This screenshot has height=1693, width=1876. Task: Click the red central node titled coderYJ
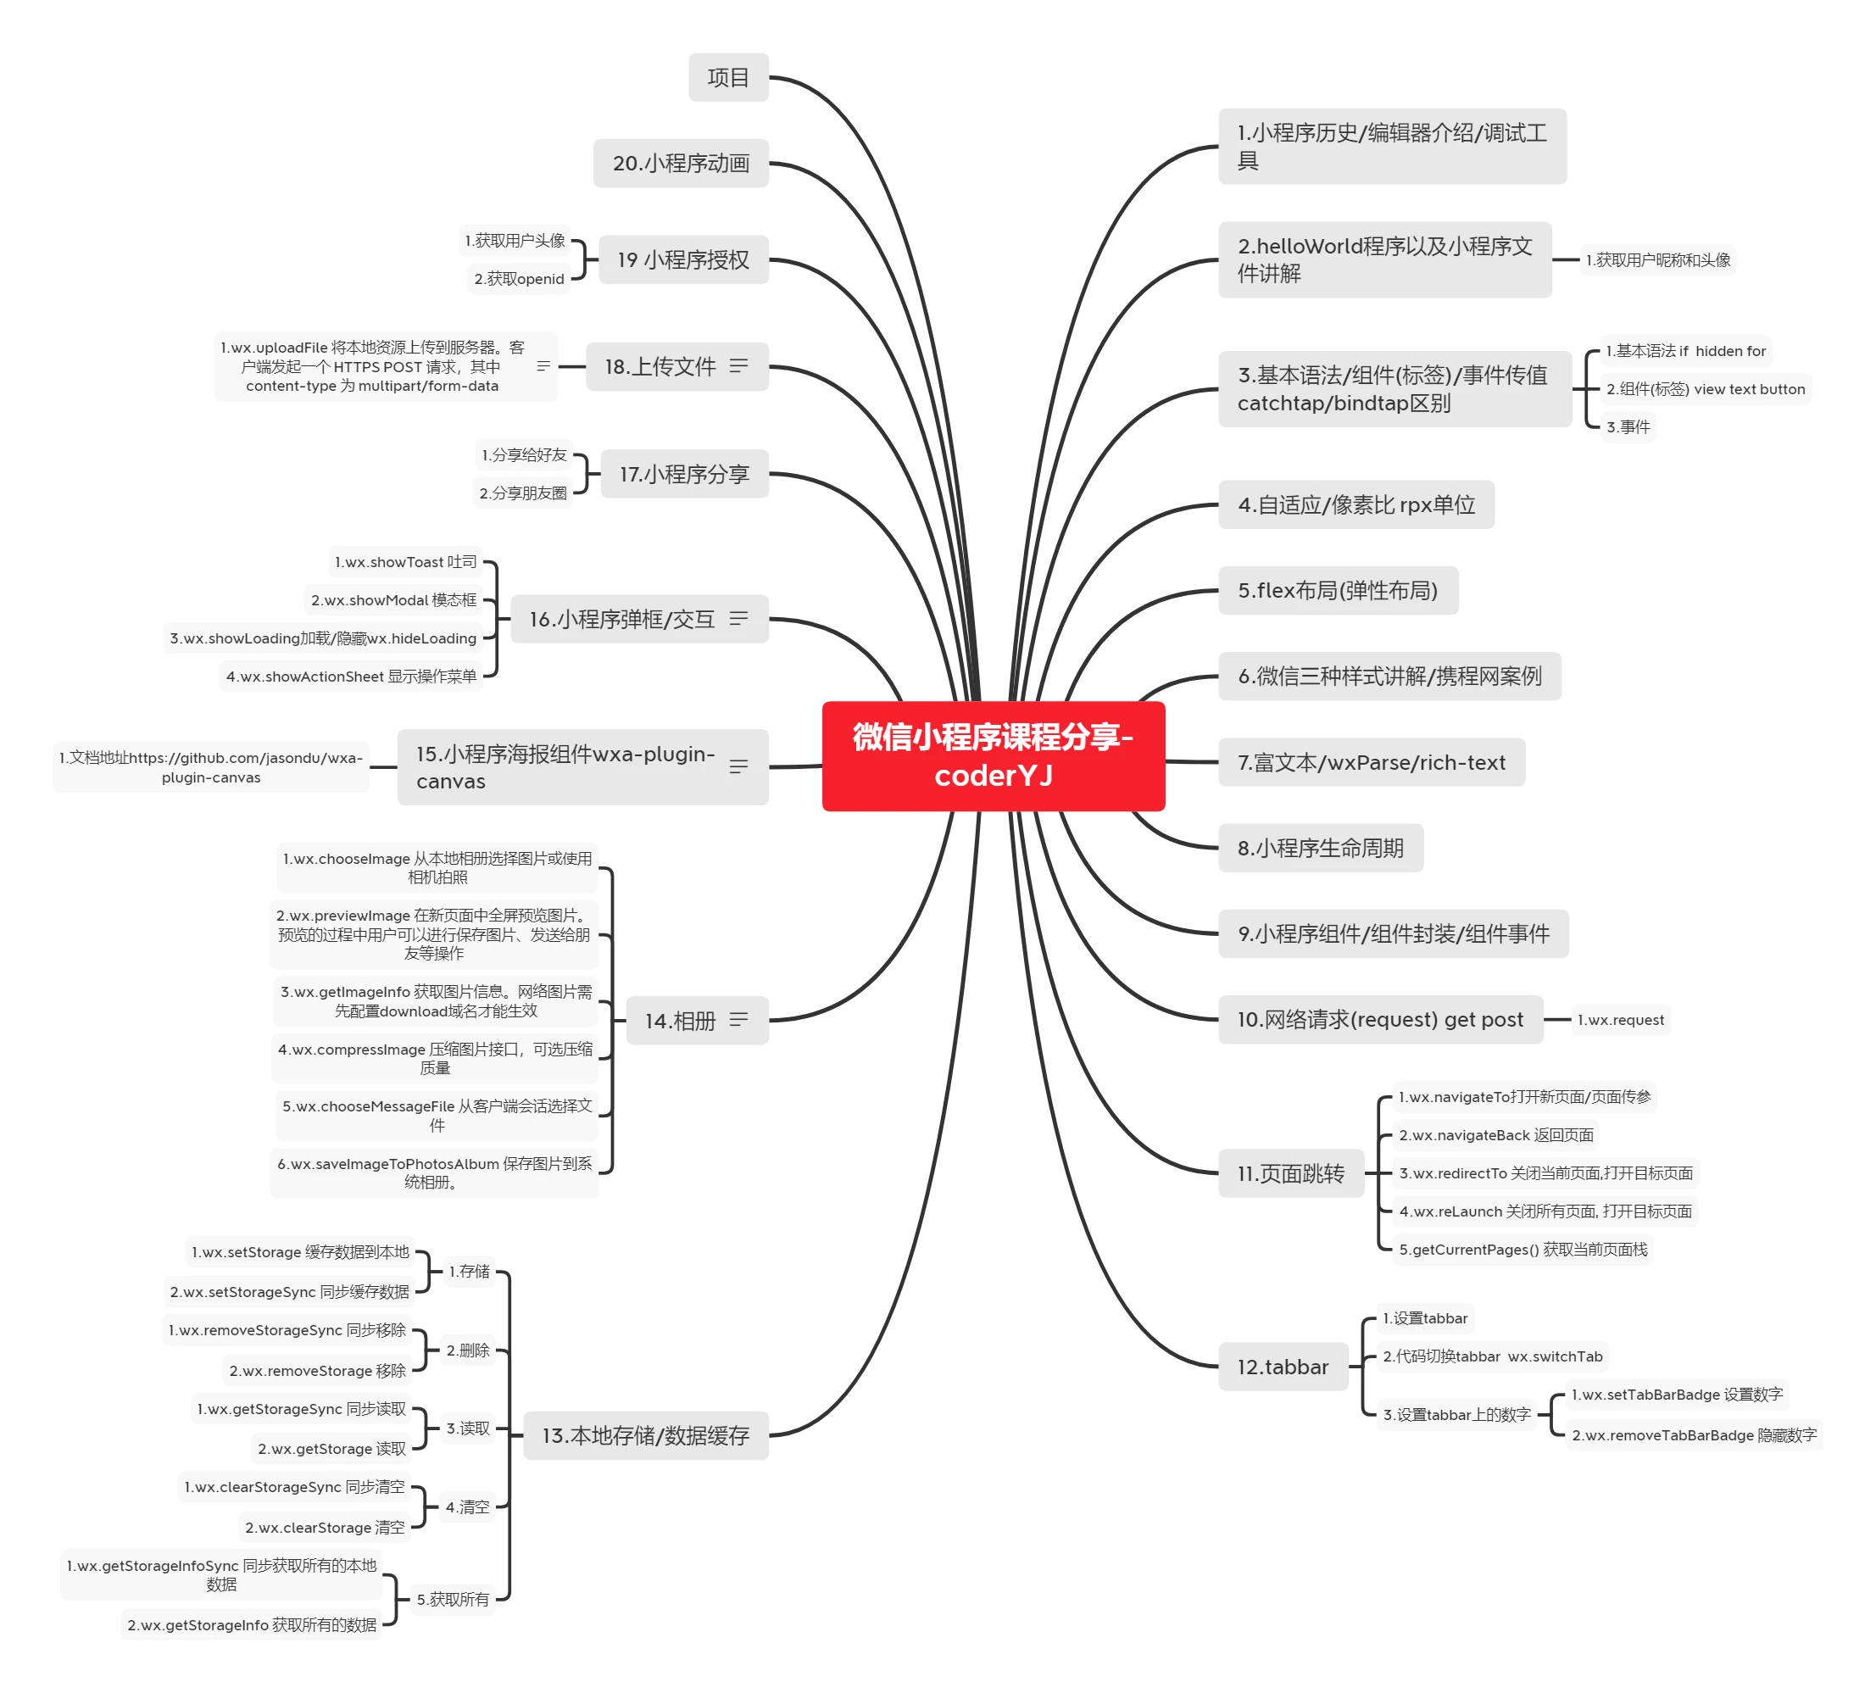(993, 755)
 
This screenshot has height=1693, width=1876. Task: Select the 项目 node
(727, 77)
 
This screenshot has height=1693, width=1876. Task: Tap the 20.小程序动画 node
(681, 163)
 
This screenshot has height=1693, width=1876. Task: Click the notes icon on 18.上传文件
(738, 366)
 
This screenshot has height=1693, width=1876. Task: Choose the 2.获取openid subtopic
(519, 279)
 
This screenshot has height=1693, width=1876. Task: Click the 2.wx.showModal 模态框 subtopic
(393, 600)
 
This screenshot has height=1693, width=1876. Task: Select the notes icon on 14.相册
(738, 1021)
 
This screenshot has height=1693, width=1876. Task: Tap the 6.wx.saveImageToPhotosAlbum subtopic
(433, 1172)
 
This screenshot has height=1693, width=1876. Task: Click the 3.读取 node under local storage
(467, 1428)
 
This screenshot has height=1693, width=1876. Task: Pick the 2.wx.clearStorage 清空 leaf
(325, 1528)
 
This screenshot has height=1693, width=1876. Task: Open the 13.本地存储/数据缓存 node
(645, 1435)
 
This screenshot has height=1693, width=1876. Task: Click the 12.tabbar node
(1282, 1367)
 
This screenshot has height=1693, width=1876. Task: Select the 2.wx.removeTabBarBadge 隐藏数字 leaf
(1693, 1435)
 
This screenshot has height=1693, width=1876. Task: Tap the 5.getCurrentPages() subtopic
(1523, 1250)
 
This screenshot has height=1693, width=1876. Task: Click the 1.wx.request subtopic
(1620, 1020)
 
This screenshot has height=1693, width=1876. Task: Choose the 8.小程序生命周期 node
(1320, 848)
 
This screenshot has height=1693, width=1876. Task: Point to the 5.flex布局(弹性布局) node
(1337, 591)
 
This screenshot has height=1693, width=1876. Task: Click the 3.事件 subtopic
(1628, 427)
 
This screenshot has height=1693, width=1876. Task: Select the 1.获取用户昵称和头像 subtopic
(1657, 259)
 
